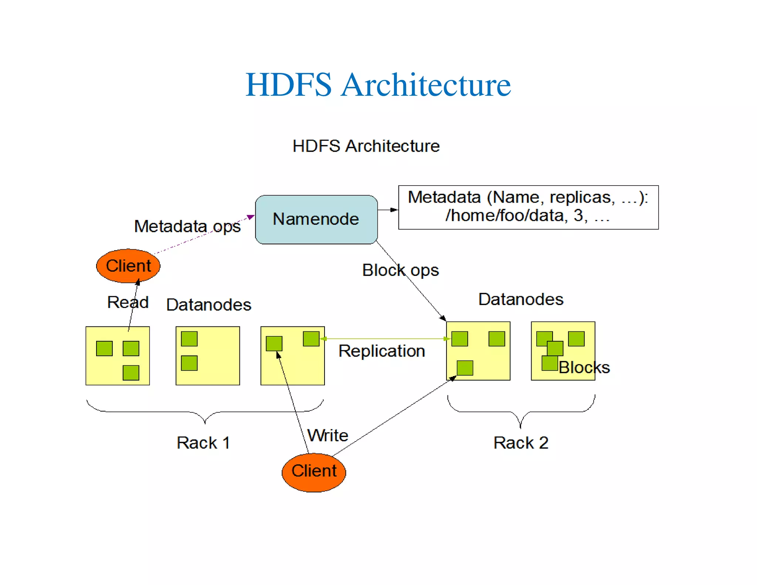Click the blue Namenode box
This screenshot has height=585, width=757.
316,219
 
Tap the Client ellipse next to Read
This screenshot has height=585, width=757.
128,266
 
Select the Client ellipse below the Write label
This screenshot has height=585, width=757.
314,472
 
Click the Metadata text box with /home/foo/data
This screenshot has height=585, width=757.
528,207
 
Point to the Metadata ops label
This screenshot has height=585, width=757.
187,226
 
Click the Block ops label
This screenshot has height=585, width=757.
400,270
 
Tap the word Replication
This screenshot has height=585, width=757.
381,351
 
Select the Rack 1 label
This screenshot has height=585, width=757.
203,443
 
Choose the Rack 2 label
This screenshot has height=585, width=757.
520,443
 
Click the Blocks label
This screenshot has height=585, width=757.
584,367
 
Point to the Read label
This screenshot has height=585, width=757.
128,302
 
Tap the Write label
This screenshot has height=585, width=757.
328,435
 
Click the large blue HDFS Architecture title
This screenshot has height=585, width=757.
378,85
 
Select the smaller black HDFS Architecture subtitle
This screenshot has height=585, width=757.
366,146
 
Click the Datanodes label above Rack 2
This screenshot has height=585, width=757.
520,299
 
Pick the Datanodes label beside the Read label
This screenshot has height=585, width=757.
208,305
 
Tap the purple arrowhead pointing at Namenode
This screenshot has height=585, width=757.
251,217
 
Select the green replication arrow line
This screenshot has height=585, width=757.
384,338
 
